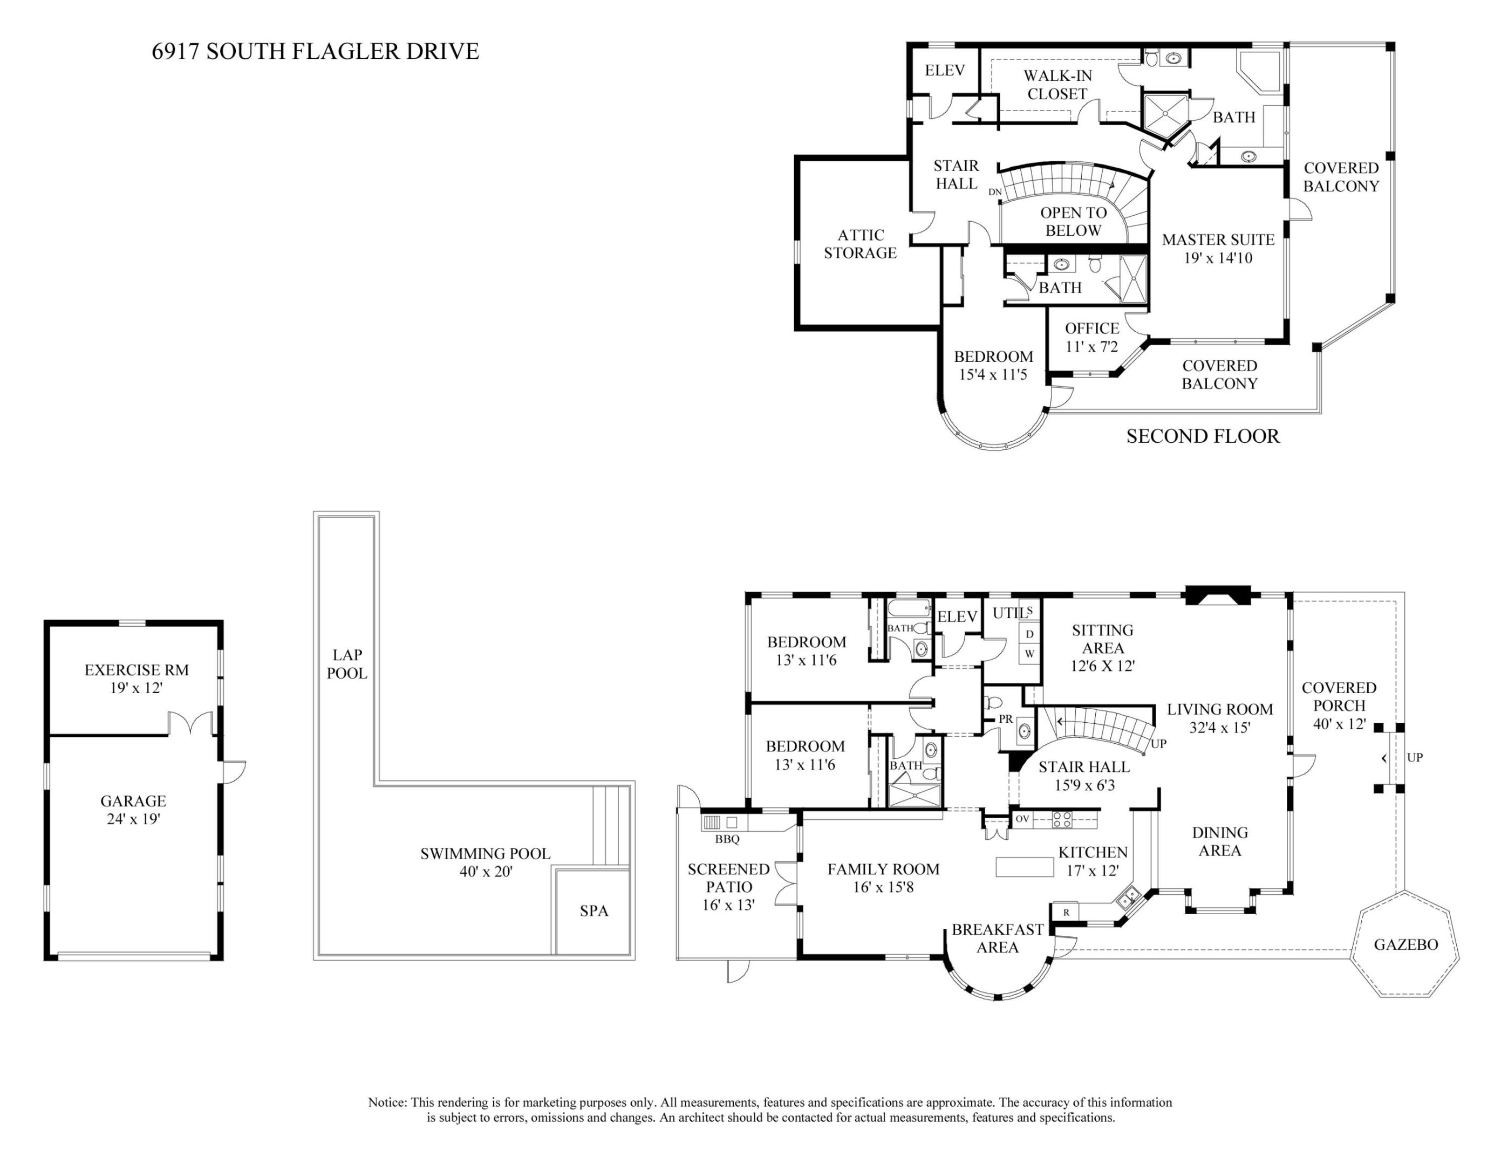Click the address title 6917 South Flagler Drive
tap(315, 51)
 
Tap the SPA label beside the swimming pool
tap(594, 910)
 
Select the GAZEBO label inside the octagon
tap(1405, 944)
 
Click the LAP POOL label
tap(346, 663)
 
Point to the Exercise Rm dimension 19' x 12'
tap(136, 688)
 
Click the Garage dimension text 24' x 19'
tap(133, 819)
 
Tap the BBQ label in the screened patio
tap(727, 839)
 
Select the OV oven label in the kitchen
tap(1022, 819)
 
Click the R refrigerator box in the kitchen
tap(1066, 912)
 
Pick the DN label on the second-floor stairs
tap(995, 192)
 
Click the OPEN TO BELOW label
tap(1073, 222)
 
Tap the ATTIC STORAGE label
tap(861, 244)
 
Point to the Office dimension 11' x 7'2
tap(1091, 346)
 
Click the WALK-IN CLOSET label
tap(1057, 84)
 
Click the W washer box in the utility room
tap(1029, 653)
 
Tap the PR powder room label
tap(1006, 718)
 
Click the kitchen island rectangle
tap(1024, 867)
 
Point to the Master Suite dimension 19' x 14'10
tap(1218, 258)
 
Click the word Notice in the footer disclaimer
tap(387, 1102)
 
